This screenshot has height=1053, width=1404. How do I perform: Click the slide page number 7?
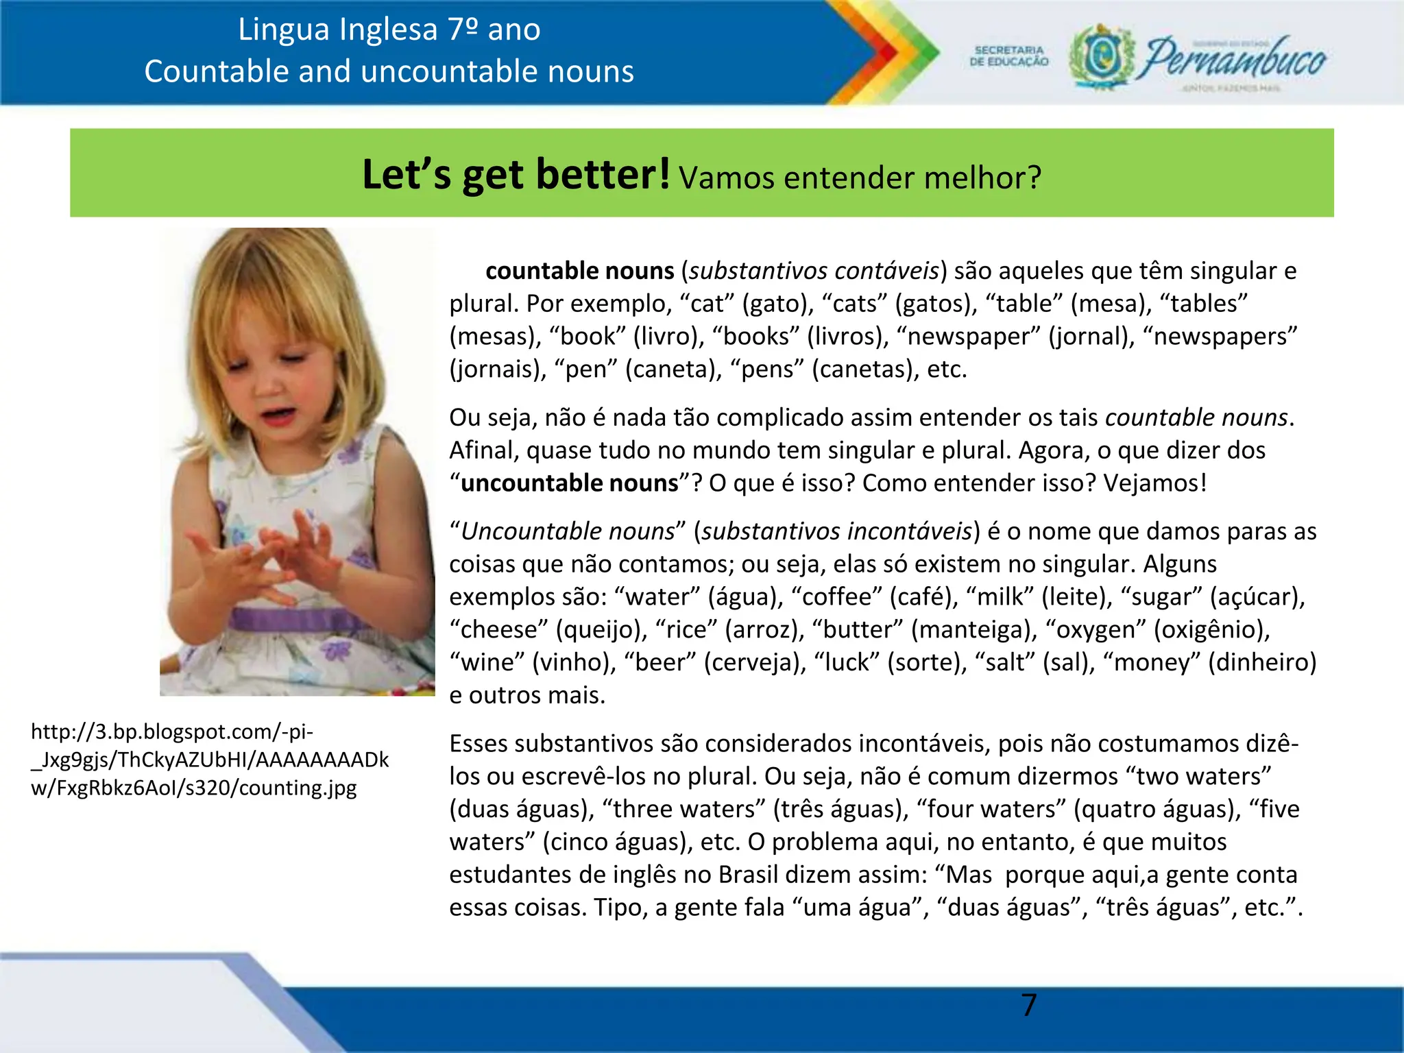point(1028,1005)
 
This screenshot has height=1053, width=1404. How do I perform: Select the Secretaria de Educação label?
point(1008,56)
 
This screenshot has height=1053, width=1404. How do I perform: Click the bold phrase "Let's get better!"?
point(516,175)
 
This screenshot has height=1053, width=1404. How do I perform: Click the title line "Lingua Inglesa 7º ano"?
point(389,29)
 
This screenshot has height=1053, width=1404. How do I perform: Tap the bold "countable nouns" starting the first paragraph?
point(579,271)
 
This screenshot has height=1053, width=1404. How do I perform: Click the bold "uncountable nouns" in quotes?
point(569,483)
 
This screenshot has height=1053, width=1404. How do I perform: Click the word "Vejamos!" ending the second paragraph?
point(1154,483)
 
